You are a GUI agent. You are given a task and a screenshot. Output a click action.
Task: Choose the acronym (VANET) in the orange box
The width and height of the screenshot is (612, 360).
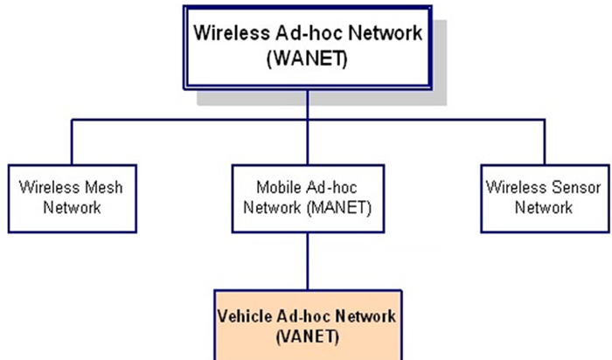tap(306, 335)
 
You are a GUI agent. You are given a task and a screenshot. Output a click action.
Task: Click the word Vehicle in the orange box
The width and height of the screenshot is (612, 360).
tap(244, 315)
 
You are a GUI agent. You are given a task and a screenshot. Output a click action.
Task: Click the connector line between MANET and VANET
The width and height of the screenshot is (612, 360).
tap(307, 262)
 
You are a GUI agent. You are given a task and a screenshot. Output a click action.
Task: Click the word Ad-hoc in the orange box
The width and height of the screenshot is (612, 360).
tap(307, 315)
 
